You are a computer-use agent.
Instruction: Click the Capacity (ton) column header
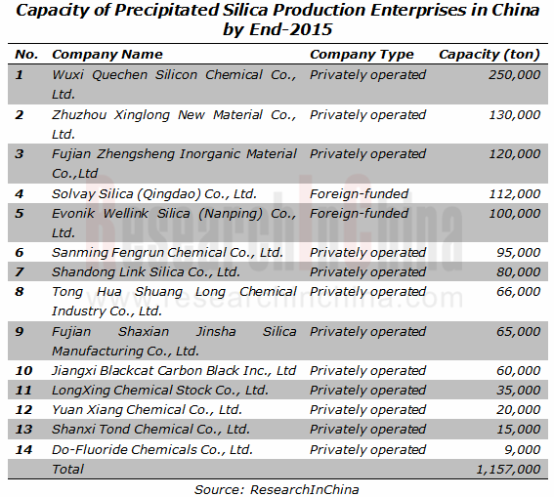coord(490,55)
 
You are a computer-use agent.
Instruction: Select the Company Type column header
coord(362,55)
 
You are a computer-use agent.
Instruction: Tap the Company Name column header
coord(107,55)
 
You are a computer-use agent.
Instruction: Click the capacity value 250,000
coord(514,75)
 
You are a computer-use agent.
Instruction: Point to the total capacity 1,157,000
coord(508,469)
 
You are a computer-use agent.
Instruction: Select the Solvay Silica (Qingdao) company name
coord(154,193)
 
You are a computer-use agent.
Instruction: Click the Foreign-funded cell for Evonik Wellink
coord(359,214)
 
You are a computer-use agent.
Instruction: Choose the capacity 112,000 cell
coord(514,193)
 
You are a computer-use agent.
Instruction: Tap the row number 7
coord(20,272)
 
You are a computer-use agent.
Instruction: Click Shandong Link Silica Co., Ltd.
coord(146,272)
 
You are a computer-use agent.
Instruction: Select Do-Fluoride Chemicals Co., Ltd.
coord(152,450)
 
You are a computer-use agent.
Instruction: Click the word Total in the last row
coord(67,469)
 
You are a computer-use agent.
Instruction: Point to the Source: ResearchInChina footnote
coord(277,489)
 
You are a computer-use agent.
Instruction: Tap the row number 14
coord(23,450)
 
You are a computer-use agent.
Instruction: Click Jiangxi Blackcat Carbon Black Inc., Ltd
coord(174,371)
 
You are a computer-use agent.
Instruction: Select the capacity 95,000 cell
coord(518,252)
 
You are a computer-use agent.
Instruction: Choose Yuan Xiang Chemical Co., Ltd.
coord(147,410)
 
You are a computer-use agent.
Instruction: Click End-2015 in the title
coord(291,29)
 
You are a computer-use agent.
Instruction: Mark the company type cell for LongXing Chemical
coord(367,391)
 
